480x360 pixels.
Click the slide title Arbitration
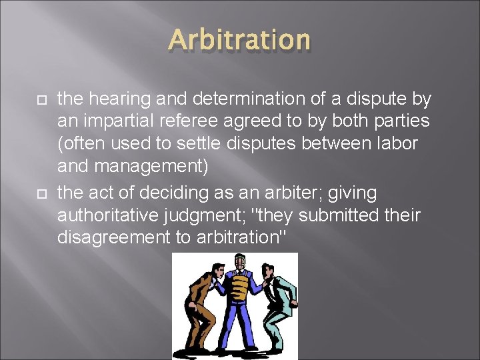[x=240, y=40]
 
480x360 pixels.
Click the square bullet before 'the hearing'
[x=39, y=100]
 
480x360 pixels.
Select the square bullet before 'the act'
[x=39, y=193]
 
